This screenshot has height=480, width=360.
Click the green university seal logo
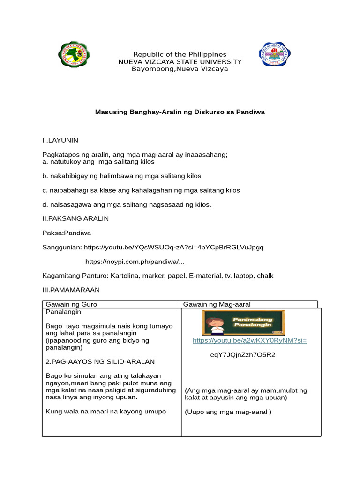tap(74, 55)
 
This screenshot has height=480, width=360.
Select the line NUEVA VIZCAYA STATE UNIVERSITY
tap(180, 62)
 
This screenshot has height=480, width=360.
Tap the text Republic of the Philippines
tap(180, 55)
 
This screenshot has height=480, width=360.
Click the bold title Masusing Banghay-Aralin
tap(180, 112)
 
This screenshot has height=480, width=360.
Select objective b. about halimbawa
tap(122, 176)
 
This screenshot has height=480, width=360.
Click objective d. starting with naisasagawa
tap(127, 205)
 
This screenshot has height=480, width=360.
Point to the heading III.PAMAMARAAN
tap(71, 290)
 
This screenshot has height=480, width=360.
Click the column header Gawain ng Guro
tap(71, 304)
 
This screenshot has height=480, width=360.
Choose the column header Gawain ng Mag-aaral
tap(213, 304)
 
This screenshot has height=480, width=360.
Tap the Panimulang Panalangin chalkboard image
tap(243, 322)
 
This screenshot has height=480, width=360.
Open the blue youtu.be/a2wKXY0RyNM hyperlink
tap(249, 341)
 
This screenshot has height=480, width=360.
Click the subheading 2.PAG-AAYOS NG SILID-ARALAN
tap(100, 362)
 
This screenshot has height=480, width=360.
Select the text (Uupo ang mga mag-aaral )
tap(228, 412)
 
